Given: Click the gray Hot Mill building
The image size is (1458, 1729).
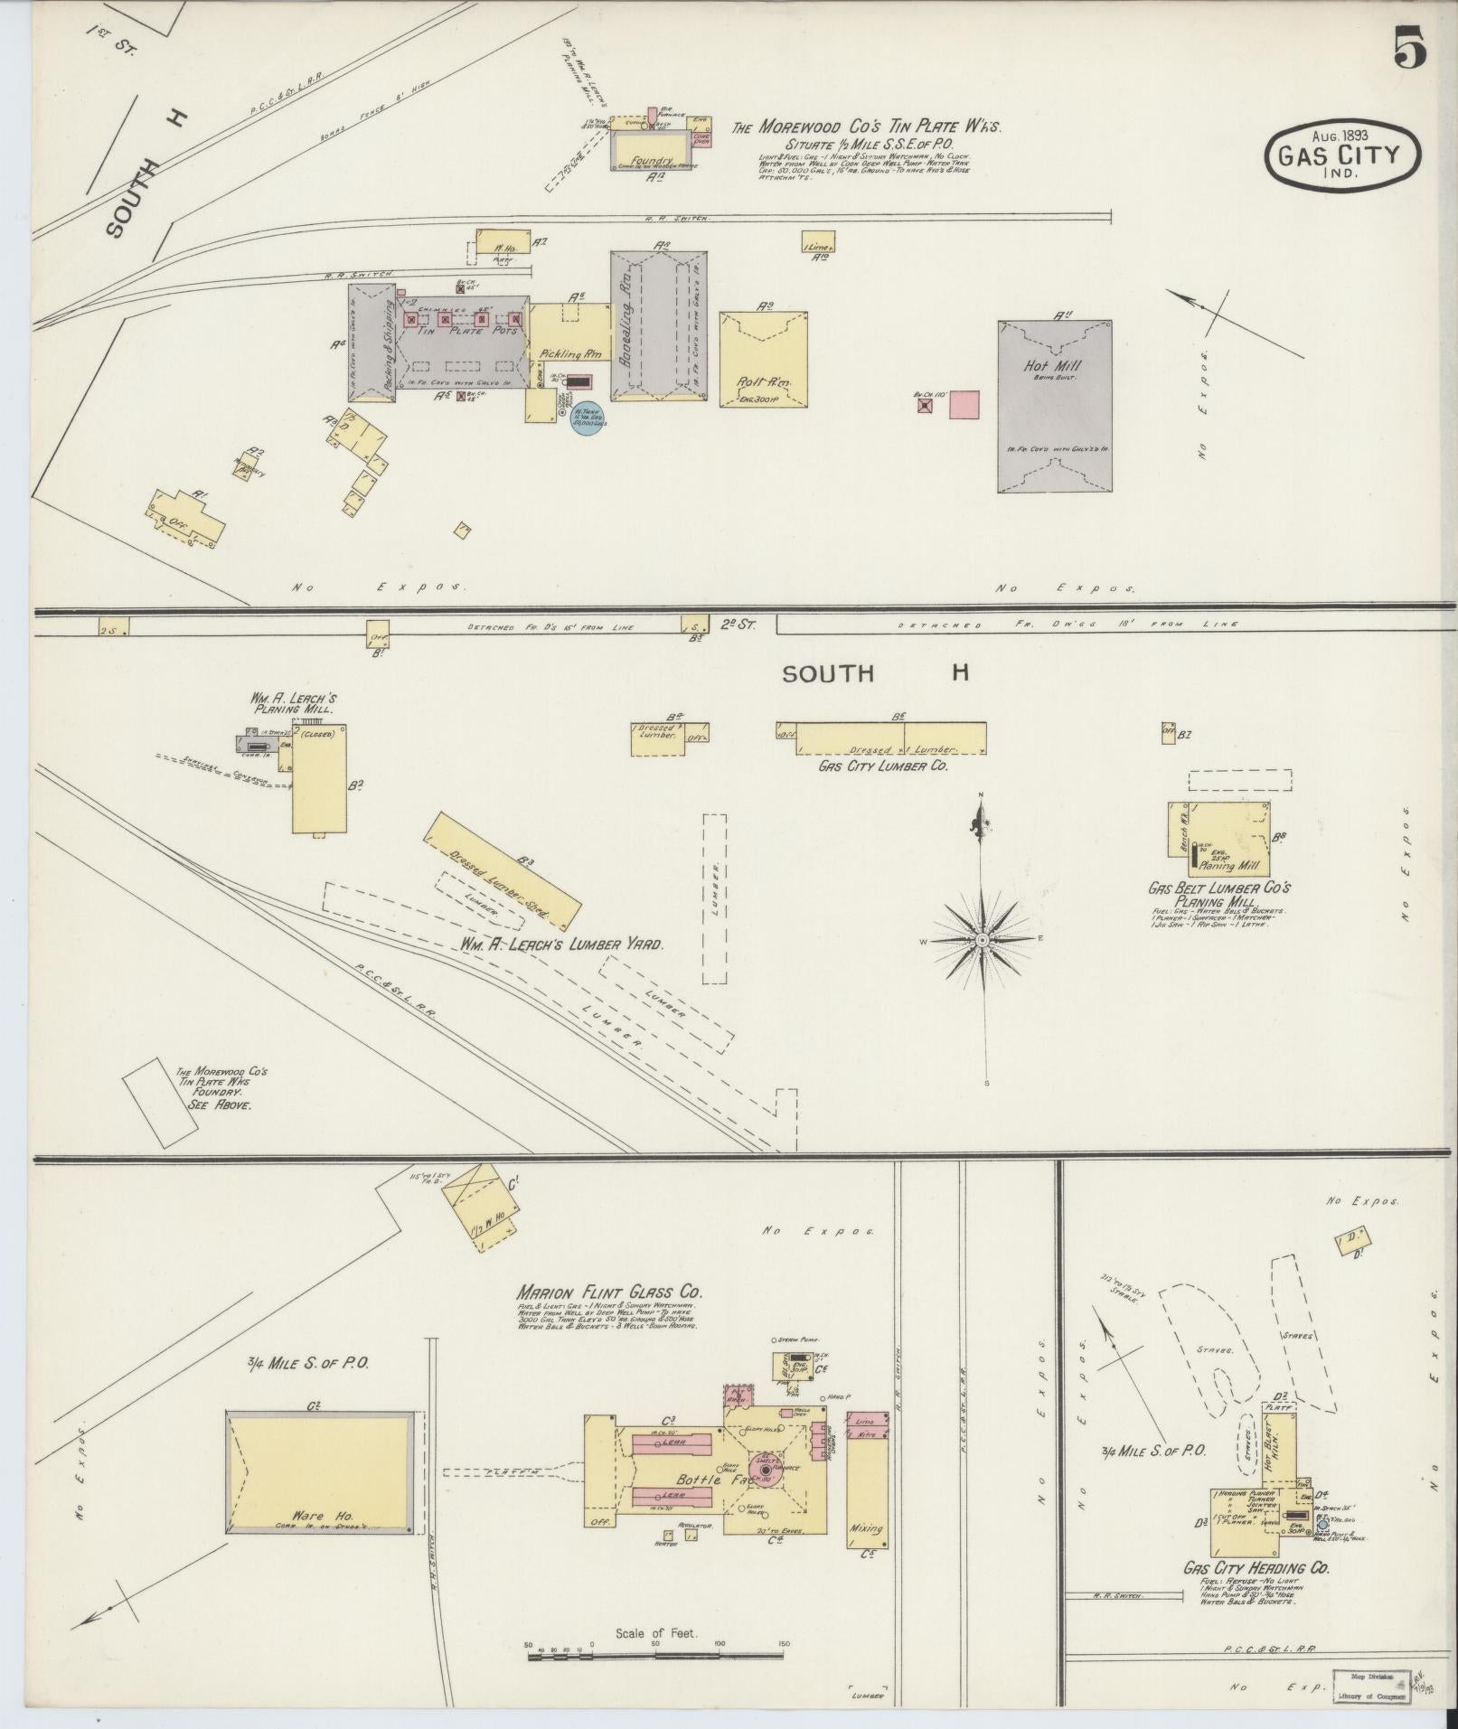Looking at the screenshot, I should [x=1054, y=406].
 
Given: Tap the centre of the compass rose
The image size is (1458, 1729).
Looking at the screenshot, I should [x=982, y=941].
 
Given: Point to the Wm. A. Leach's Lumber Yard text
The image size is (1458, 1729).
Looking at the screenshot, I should [x=561, y=944].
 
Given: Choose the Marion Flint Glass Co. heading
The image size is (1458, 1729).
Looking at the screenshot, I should [x=609, y=1292].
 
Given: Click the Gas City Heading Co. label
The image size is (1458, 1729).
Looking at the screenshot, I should [x=1256, y=1568].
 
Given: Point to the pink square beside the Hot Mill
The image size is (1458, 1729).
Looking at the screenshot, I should [x=964, y=404].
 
